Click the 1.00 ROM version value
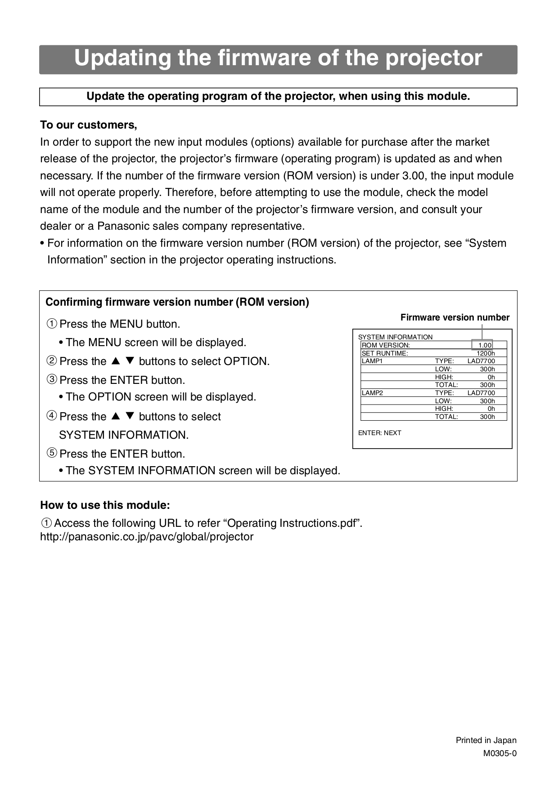pyautogui.click(x=484, y=345)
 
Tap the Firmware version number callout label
pyautogui.click(x=454, y=317)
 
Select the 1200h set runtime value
pyautogui.click(x=486, y=353)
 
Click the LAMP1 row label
pyautogui.click(x=372, y=361)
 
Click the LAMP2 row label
pyautogui.click(x=372, y=393)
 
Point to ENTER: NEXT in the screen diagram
pyautogui.click(x=379, y=433)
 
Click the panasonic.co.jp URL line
pyautogui.click(x=147, y=537)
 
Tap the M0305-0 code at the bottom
pyautogui.click(x=499, y=753)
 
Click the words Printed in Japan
pyautogui.click(x=486, y=740)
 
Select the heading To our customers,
pyautogui.click(x=89, y=125)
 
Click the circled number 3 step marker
pyautogui.click(x=52, y=380)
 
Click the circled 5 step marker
pyautogui.click(x=52, y=453)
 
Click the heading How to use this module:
pyautogui.click(x=105, y=505)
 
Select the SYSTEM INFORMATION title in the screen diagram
pyautogui.click(x=395, y=337)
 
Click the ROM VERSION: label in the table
pyautogui.click(x=386, y=345)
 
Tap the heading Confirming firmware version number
pyautogui.click(x=177, y=302)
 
